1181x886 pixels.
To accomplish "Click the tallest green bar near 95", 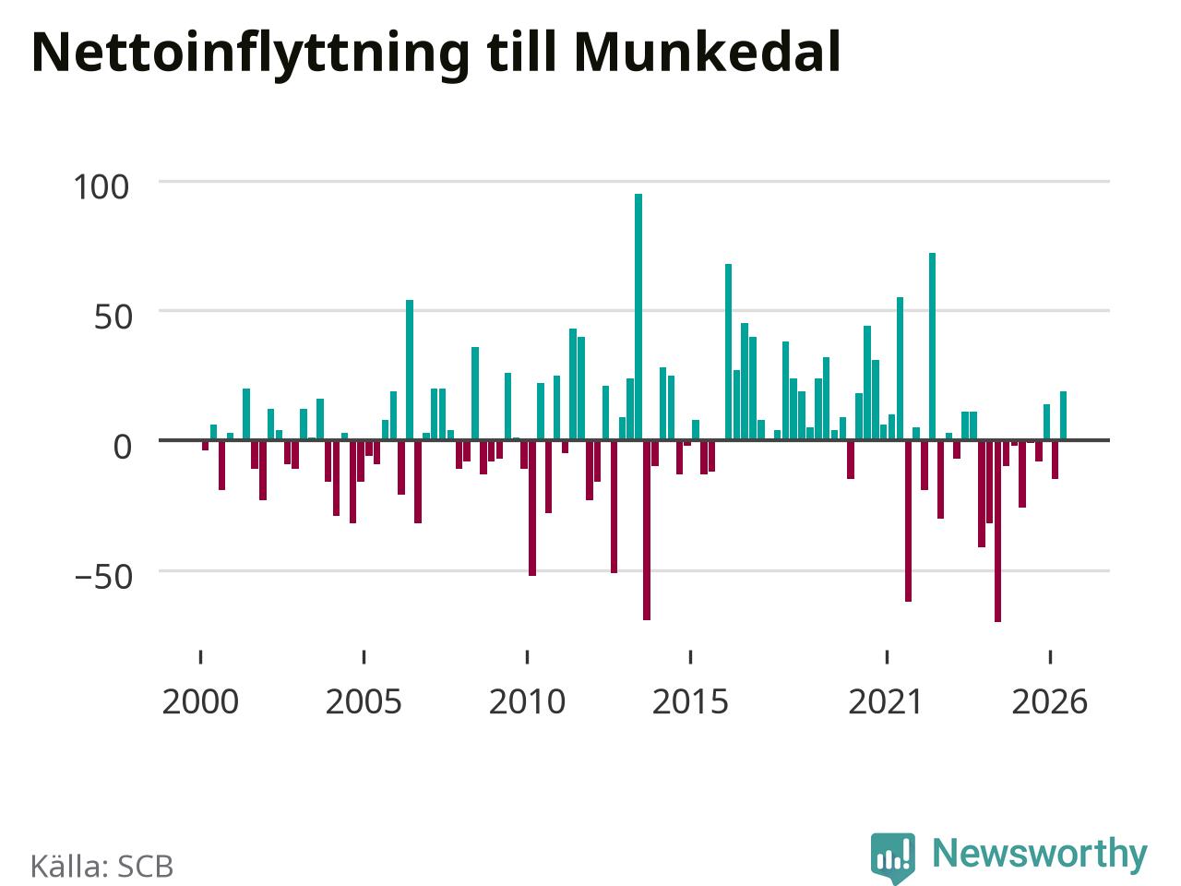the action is pyautogui.click(x=638, y=317).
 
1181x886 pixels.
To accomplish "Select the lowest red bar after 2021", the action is pyautogui.click(x=997, y=531).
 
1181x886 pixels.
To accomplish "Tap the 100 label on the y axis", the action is pyautogui.click(x=101, y=187).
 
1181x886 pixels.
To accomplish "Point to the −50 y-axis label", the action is pyautogui.click(x=103, y=577).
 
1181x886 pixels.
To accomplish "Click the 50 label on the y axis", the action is pyautogui.click(x=113, y=317).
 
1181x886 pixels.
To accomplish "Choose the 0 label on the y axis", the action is pyautogui.click(x=122, y=447).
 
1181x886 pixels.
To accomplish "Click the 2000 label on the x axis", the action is pyautogui.click(x=200, y=702).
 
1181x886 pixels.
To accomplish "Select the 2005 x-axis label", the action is pyautogui.click(x=364, y=702).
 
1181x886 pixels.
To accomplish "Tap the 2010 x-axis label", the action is pyautogui.click(x=527, y=702).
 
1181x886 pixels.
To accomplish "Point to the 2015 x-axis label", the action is pyautogui.click(x=690, y=702).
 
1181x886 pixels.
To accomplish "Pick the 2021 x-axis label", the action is pyautogui.click(x=886, y=702).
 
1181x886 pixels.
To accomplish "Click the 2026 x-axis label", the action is pyautogui.click(x=1050, y=702).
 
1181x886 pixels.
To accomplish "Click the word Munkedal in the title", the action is pyautogui.click(x=707, y=53).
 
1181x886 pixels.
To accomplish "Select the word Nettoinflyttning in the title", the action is pyautogui.click(x=250, y=56).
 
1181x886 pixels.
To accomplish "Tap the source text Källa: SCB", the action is pyautogui.click(x=102, y=866).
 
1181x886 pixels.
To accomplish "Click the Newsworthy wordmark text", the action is pyautogui.click(x=1040, y=855).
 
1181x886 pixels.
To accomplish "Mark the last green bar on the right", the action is pyautogui.click(x=1063, y=415).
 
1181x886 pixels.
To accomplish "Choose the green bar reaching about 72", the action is pyautogui.click(x=933, y=346).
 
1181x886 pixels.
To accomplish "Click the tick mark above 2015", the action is pyautogui.click(x=690, y=657).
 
